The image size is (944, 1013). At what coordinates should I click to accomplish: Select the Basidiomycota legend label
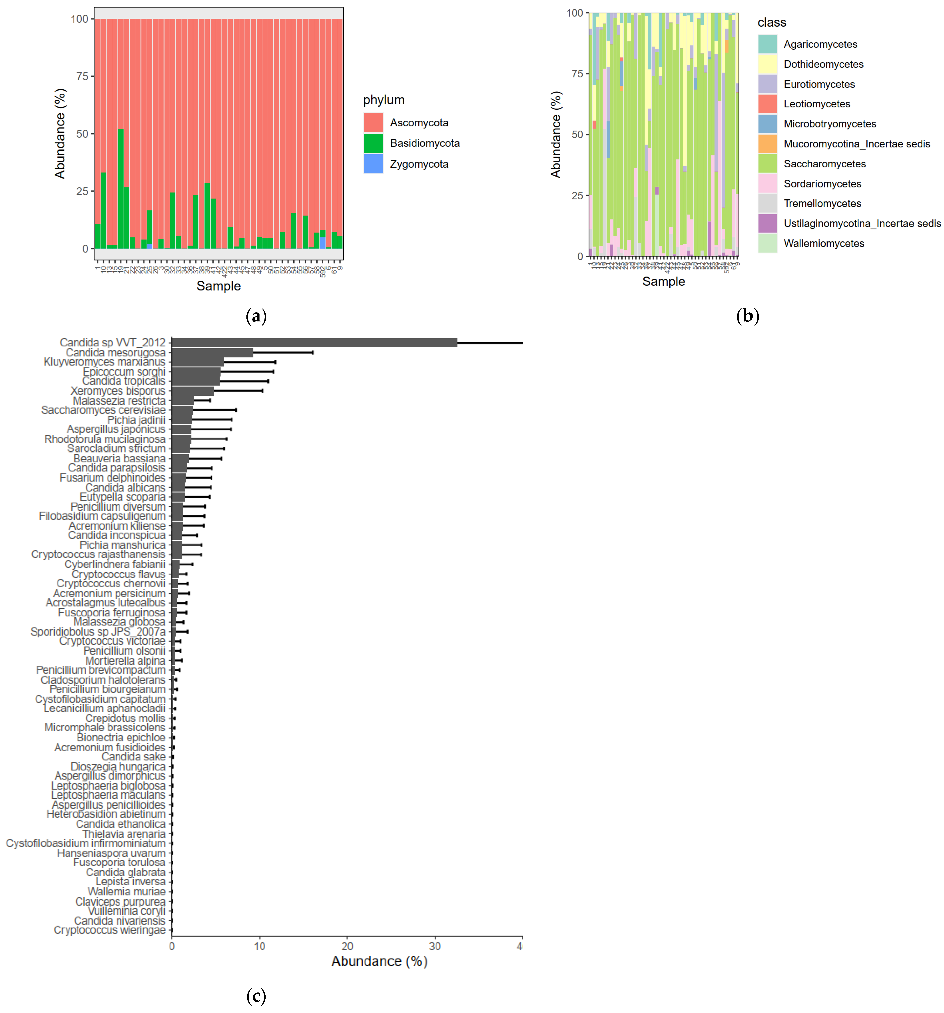click(424, 143)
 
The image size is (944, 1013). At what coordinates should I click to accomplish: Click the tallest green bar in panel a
click(121, 189)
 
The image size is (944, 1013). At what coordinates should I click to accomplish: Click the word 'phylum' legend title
click(384, 100)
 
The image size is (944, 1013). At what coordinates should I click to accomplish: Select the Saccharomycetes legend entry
click(824, 164)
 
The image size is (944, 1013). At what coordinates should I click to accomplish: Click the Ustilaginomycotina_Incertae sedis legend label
click(862, 223)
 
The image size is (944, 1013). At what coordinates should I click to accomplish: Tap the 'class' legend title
click(771, 22)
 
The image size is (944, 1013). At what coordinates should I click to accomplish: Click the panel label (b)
click(747, 316)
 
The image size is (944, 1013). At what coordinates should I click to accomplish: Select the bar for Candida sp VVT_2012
click(314, 342)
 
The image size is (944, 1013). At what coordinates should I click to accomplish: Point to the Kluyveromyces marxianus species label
click(104, 362)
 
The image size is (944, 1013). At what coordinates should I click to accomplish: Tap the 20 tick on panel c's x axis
click(347, 946)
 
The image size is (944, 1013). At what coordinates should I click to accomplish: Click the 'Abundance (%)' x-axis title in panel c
click(379, 961)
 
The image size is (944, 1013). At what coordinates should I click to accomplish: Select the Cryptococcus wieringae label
click(110, 930)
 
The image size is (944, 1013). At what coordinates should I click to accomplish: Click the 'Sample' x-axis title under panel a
click(218, 286)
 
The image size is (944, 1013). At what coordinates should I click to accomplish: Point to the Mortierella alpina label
click(125, 660)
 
